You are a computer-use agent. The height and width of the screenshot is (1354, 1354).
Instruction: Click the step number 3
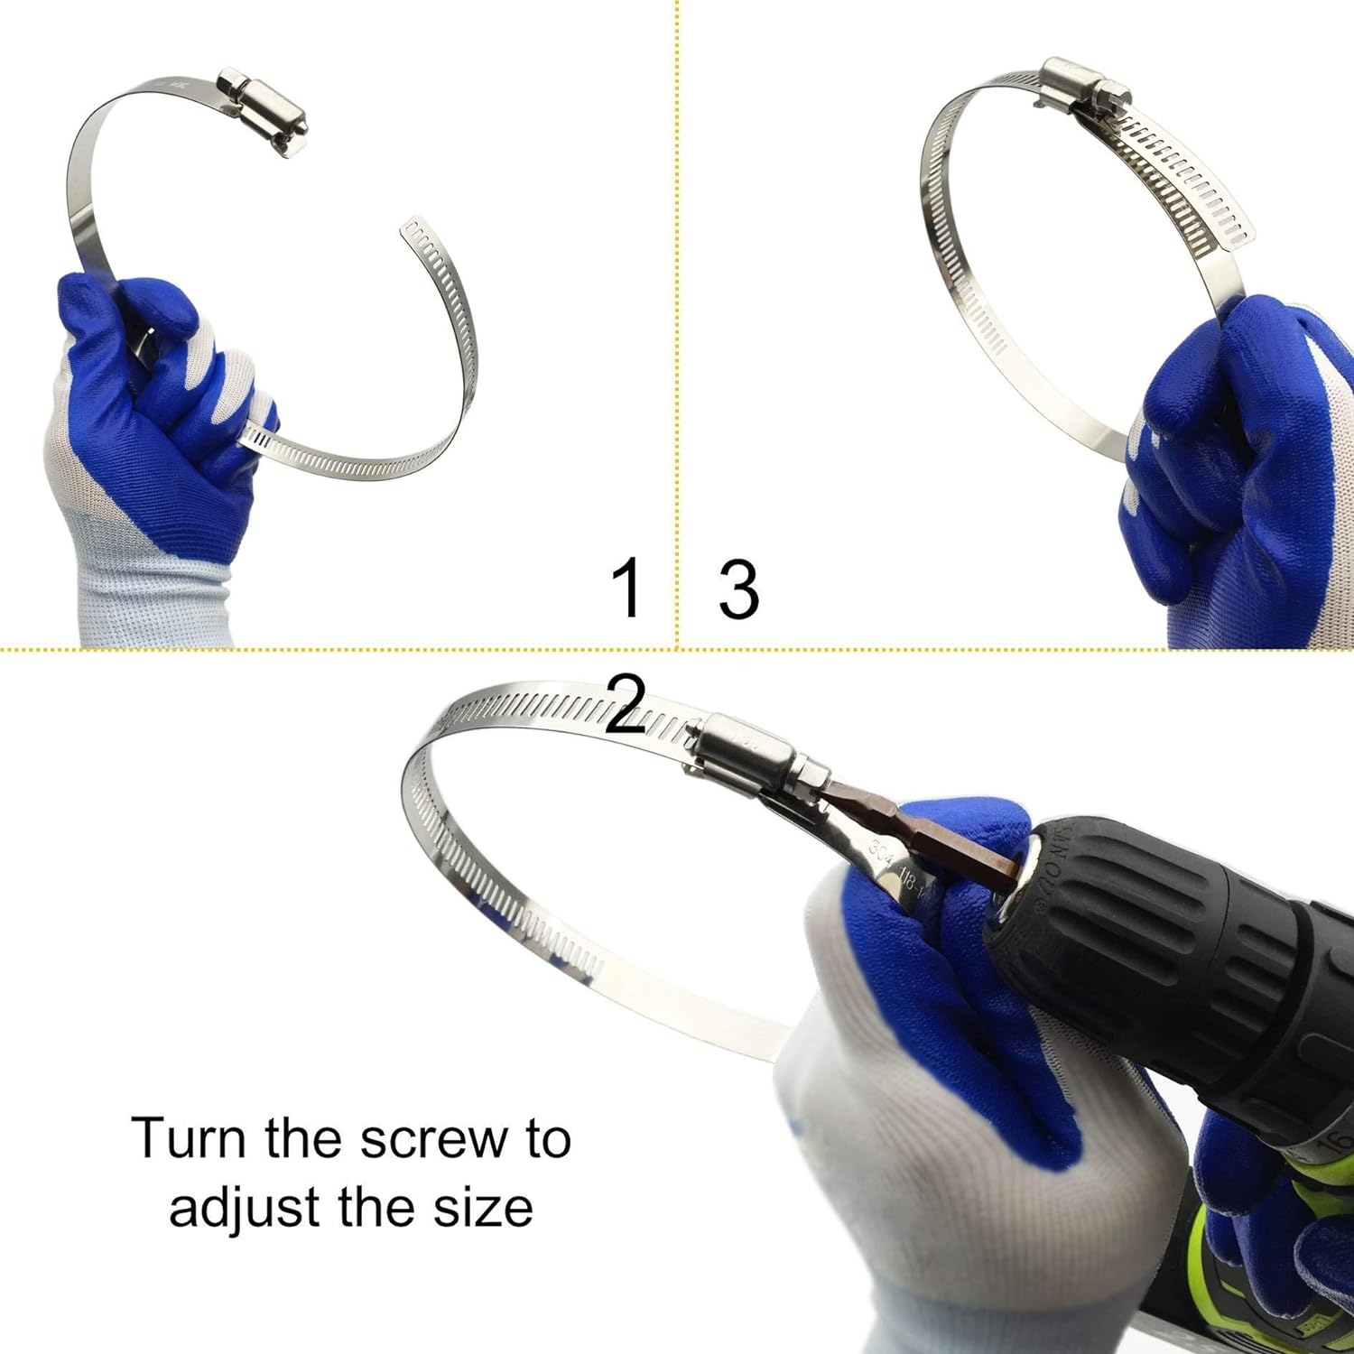click(x=738, y=589)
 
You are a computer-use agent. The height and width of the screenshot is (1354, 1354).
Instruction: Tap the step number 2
click(x=626, y=706)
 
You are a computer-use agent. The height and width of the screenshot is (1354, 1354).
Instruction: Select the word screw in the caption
click(x=418, y=1140)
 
